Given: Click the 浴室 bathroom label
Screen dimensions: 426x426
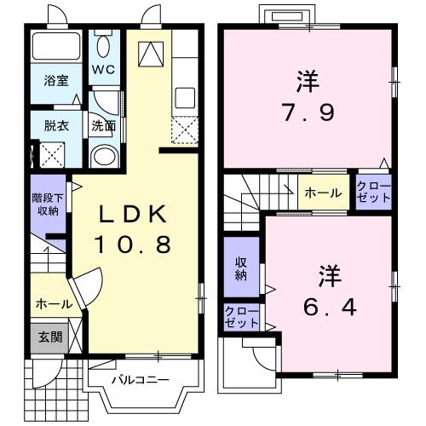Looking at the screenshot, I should pyautogui.click(x=57, y=82).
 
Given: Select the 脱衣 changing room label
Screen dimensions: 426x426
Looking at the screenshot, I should pyautogui.click(x=56, y=124).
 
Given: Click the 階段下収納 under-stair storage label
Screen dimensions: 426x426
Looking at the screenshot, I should pyautogui.click(x=49, y=204).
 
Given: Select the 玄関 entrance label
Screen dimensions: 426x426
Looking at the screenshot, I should pyautogui.click(x=49, y=337).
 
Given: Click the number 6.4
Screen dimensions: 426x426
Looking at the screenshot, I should pyautogui.click(x=328, y=305).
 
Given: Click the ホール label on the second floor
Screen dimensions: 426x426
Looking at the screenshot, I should pyautogui.click(x=323, y=193).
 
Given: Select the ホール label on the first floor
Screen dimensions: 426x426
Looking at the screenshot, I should pyautogui.click(x=53, y=303).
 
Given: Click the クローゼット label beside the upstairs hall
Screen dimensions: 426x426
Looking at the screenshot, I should pyautogui.click(x=372, y=193).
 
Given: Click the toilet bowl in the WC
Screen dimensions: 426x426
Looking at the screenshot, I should pyautogui.click(x=103, y=45).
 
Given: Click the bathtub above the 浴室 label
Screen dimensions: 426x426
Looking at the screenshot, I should pyautogui.click(x=56, y=47).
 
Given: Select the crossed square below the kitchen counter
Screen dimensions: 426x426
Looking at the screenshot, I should pyautogui.click(x=184, y=130).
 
